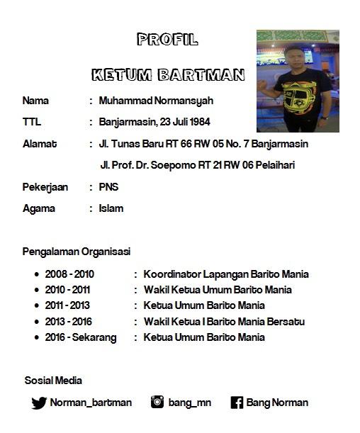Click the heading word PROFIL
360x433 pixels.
pos(168,39)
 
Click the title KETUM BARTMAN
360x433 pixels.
pos(168,74)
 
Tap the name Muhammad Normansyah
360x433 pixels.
pos(156,101)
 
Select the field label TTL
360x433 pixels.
pos(31,122)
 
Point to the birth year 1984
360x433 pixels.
pos(199,122)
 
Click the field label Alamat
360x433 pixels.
pos(40,144)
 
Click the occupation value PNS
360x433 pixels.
pos(108,187)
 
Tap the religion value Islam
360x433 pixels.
pos(111,208)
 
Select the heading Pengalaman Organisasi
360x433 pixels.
pos(77,251)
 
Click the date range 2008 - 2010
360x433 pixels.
pos(69,274)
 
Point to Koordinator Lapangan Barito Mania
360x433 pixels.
pos(226,274)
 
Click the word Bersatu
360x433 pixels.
pos(287,321)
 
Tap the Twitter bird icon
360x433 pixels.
pos(39,403)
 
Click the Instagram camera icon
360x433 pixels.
pos(157,402)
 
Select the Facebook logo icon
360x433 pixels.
pos(237,403)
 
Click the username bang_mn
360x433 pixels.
pos(189,403)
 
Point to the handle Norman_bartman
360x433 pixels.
pos(91,403)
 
